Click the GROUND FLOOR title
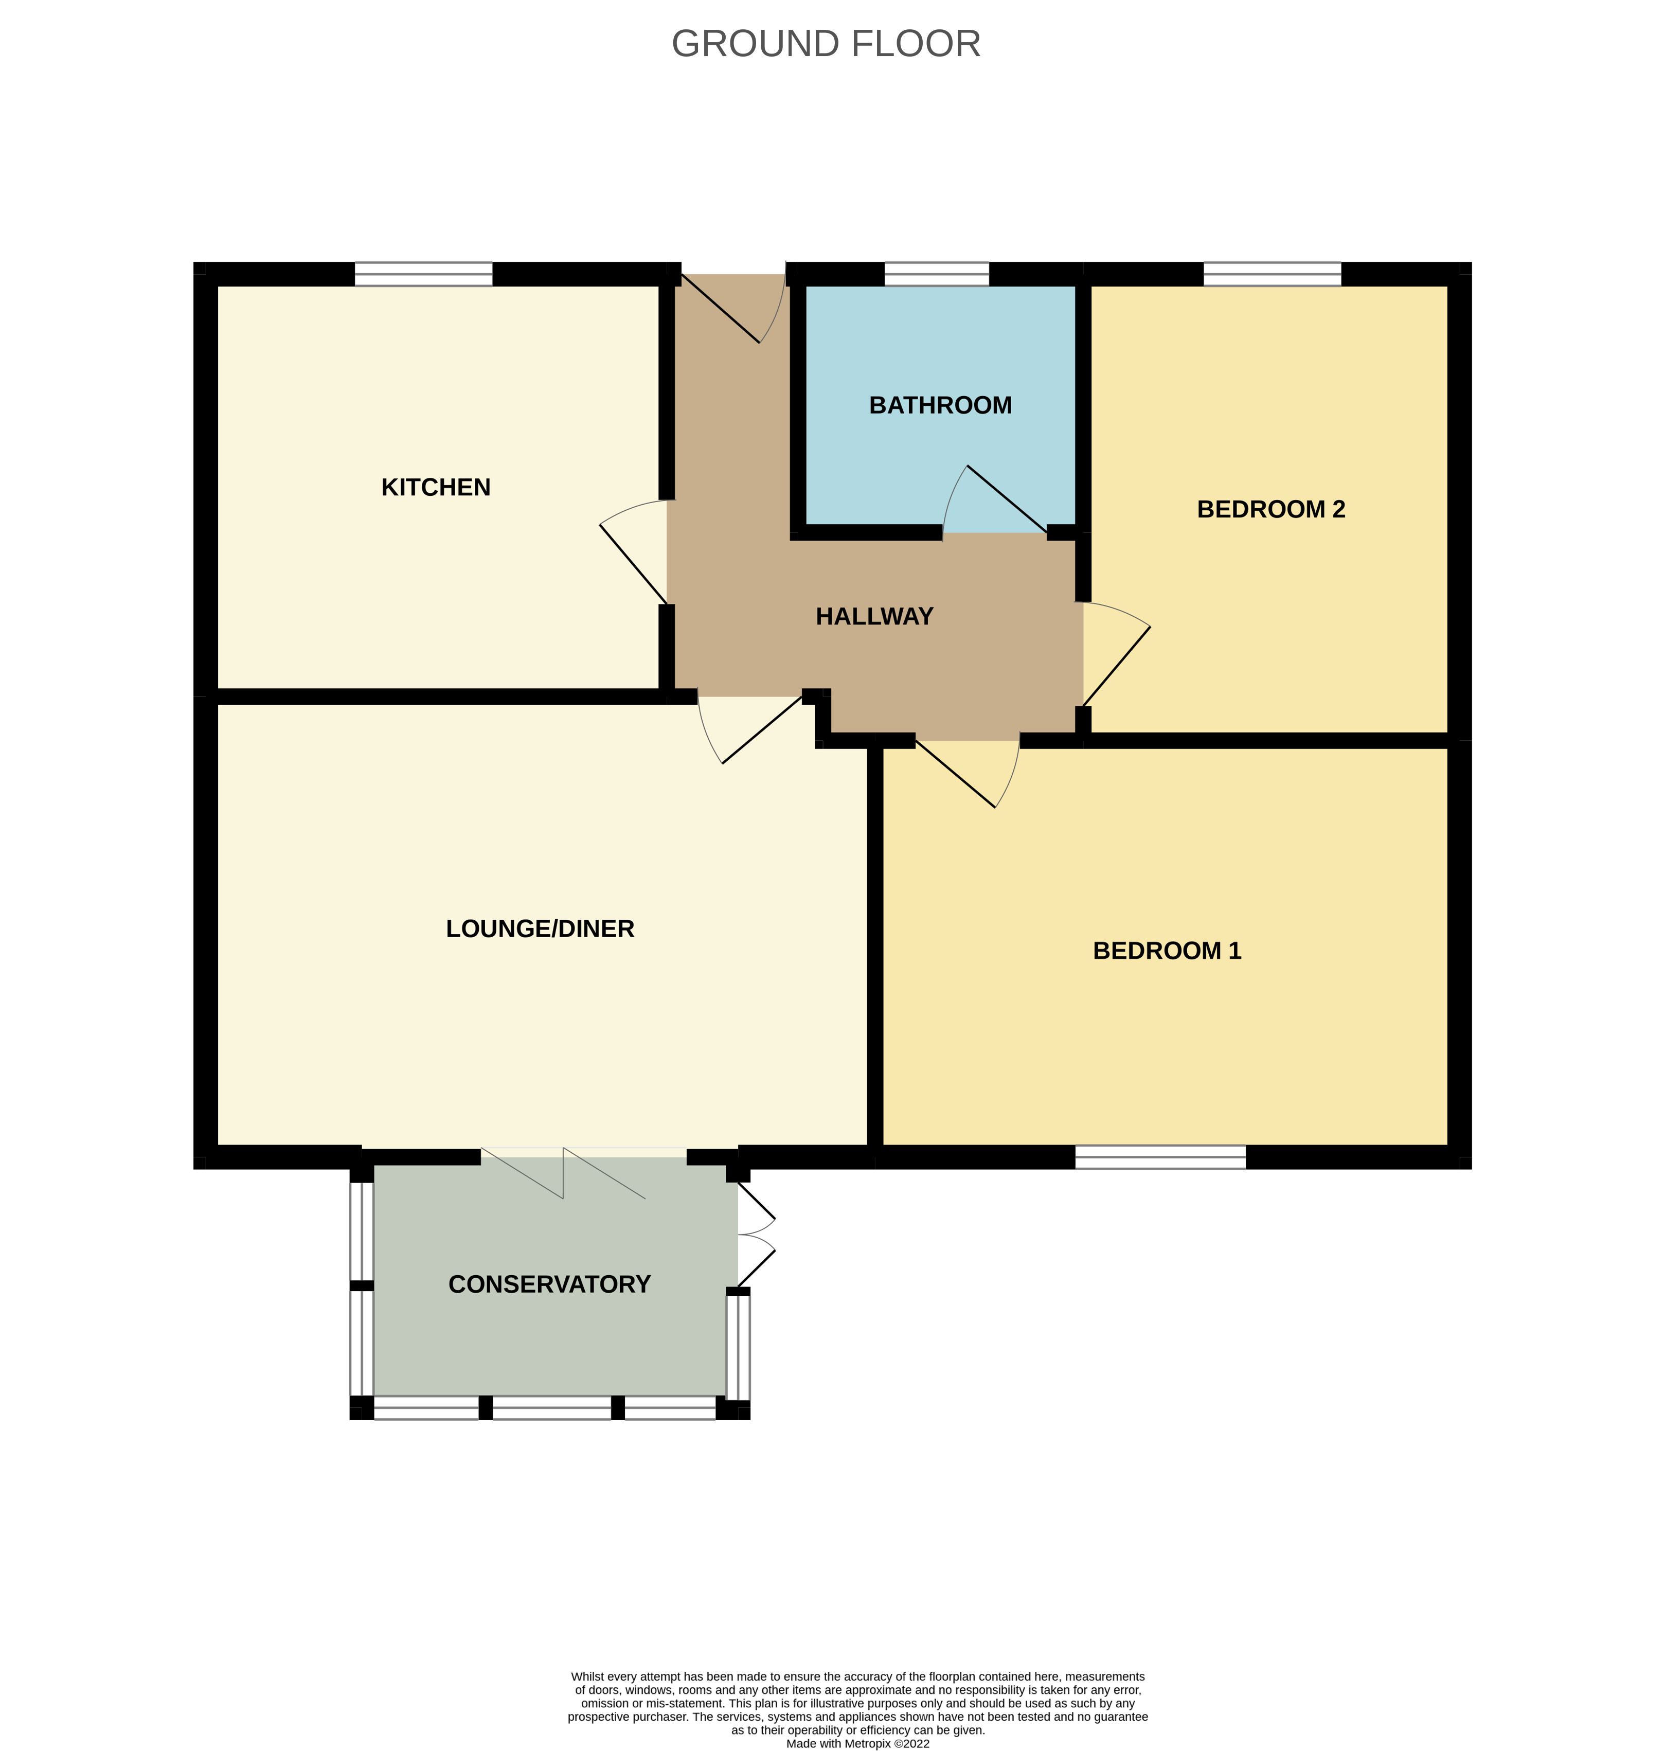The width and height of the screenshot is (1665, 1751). coord(826,44)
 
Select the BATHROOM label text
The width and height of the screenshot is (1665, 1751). coord(940,405)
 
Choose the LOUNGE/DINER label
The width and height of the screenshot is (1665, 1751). coord(540,929)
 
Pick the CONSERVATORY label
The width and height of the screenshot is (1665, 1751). coord(549,1284)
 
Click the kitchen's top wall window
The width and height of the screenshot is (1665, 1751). coord(423,274)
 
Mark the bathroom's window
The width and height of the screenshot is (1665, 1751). coord(936,274)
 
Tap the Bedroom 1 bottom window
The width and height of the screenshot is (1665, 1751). coord(1160,1157)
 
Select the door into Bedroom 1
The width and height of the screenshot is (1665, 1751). coord(968,772)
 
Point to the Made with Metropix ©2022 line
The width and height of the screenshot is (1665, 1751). coord(857,1743)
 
